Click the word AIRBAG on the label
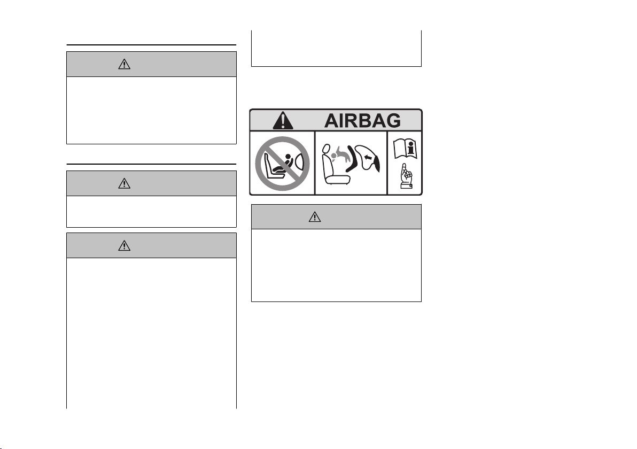[x=362, y=121]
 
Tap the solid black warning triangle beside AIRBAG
[x=283, y=120]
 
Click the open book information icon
[x=405, y=149]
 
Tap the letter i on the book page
[x=411, y=148]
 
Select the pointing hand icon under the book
[x=406, y=176]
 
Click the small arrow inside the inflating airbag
[x=368, y=157]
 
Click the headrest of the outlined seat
[x=326, y=149]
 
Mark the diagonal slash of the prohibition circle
[x=282, y=164]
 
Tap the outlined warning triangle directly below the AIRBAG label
[x=314, y=217]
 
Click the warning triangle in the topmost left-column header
[x=125, y=64]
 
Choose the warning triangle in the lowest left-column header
[x=125, y=245]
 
